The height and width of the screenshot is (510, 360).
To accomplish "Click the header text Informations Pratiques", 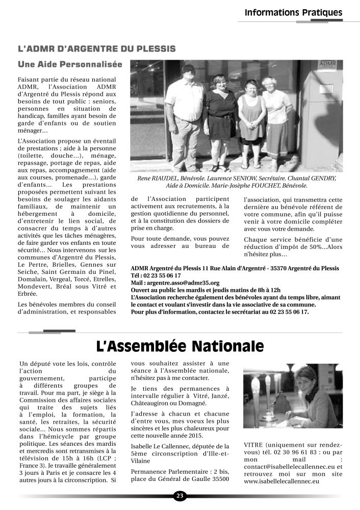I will click(x=293, y=12).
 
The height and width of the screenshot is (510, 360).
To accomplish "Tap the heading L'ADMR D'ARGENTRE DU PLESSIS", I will click(x=96, y=49).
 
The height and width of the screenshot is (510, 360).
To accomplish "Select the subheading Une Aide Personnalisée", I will click(x=67, y=65).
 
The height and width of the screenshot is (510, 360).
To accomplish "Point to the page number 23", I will click(x=179, y=496).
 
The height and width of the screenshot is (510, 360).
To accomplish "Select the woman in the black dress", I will click(x=221, y=122).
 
